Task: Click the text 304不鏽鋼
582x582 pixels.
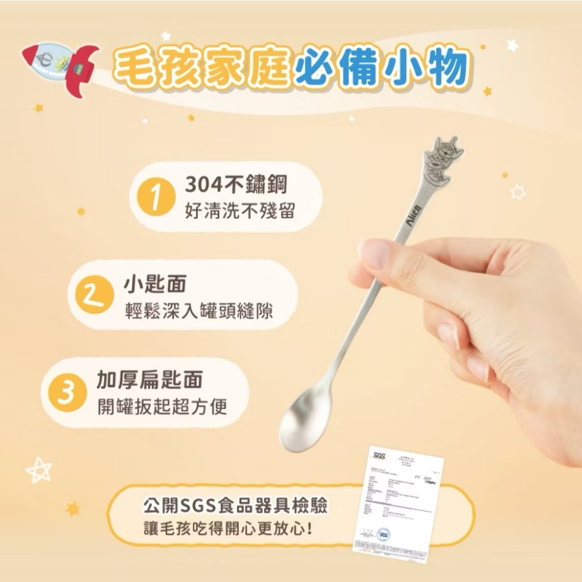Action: click(236, 186)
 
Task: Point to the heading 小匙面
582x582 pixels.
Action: click(155, 285)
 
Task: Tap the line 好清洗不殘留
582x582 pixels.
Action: click(239, 211)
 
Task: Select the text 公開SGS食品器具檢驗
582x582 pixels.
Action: click(236, 505)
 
